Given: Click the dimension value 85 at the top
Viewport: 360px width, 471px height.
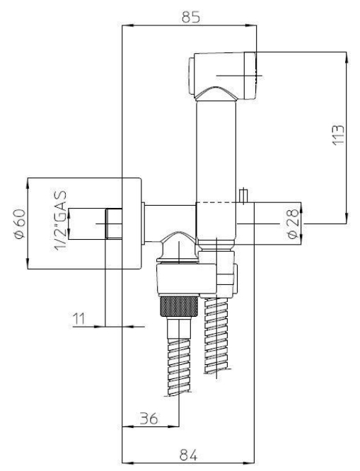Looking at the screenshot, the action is tap(190, 17).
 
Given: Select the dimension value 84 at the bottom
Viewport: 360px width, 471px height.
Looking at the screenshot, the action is tap(188, 455).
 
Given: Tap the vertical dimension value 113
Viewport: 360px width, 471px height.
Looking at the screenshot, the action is tap(338, 135).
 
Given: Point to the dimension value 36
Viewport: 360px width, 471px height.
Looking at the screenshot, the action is tap(149, 419).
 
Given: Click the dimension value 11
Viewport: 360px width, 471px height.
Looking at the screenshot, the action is tap(79, 319).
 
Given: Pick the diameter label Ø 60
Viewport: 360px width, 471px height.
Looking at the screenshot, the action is tap(20, 223).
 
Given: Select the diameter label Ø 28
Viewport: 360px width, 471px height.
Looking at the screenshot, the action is tap(293, 223).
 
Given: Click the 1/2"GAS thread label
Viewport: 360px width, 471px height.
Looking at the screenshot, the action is tap(60, 221).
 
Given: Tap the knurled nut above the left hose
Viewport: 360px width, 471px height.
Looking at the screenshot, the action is tap(179, 306).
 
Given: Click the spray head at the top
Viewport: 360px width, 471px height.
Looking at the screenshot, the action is tap(222, 76).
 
